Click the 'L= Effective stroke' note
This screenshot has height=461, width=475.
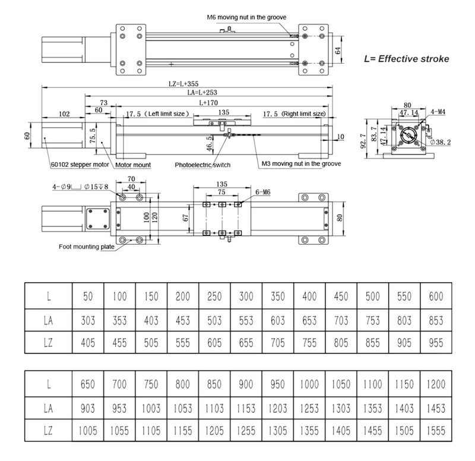[406, 59]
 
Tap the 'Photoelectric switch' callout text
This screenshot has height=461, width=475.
[203, 164]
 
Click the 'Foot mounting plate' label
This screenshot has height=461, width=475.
[87, 247]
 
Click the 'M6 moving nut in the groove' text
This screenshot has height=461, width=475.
[248, 18]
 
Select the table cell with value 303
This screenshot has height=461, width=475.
[87, 320]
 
